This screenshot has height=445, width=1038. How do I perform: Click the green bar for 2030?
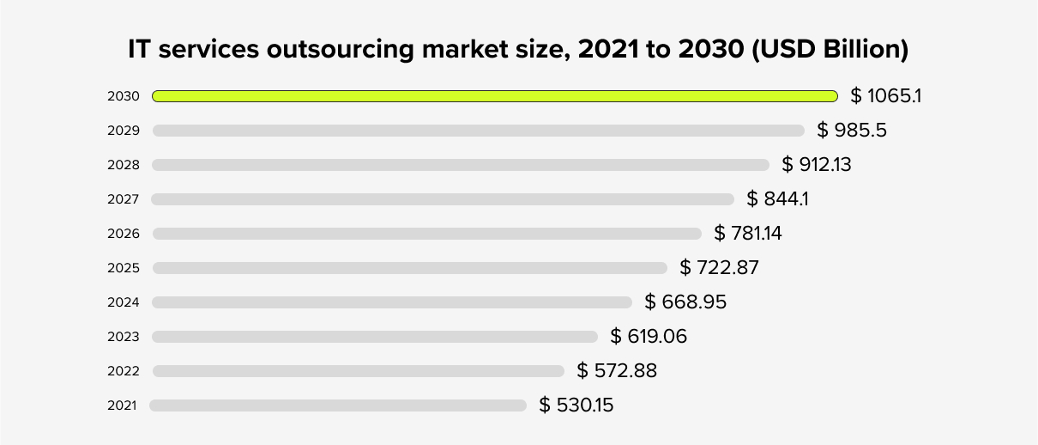click(x=495, y=96)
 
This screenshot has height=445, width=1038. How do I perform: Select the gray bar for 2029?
click(x=479, y=131)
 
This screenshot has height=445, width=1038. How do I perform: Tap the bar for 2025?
click(x=409, y=268)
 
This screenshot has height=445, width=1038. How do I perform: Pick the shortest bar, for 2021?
click(x=338, y=405)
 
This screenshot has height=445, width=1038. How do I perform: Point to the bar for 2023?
click(x=375, y=337)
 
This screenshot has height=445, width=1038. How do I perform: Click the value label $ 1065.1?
click(x=885, y=95)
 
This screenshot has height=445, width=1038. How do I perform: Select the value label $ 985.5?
click(x=852, y=130)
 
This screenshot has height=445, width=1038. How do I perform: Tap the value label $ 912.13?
click(x=817, y=164)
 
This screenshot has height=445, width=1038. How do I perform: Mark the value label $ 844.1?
click(x=778, y=199)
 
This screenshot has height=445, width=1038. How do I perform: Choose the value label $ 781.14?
click(x=748, y=233)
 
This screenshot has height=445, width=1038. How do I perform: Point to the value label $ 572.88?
click(x=617, y=370)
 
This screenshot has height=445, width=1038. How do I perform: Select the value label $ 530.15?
click(x=576, y=405)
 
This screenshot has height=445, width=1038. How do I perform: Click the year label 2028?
click(x=123, y=165)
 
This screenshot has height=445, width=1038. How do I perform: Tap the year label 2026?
click(x=123, y=234)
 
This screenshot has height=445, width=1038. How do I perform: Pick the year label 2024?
click(x=123, y=302)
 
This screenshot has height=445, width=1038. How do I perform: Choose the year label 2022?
click(x=123, y=371)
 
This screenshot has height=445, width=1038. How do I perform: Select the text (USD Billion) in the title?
click(x=830, y=50)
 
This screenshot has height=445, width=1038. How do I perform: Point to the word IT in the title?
click(x=140, y=50)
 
